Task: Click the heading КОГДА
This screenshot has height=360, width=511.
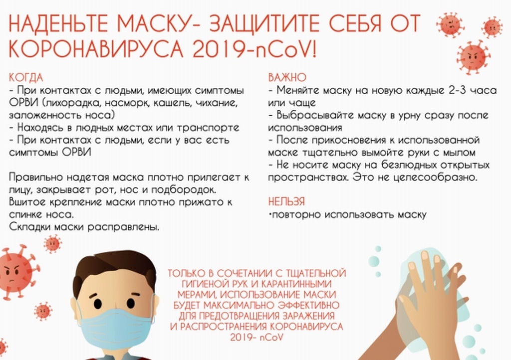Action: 26,77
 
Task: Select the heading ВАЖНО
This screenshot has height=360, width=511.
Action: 287,77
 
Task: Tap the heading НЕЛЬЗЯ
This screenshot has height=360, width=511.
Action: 286,201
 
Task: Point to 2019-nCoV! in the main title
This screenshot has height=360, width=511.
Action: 255,49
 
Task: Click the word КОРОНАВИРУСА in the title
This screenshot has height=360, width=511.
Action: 96,49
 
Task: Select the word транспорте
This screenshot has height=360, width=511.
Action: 208,127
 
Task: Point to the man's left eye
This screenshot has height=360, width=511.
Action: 131,303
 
